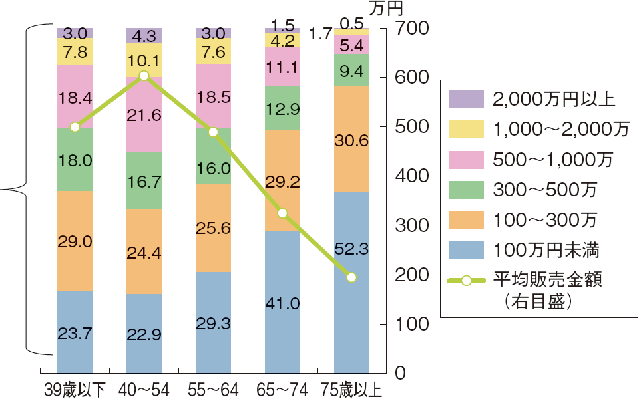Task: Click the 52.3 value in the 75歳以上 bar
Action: (351, 249)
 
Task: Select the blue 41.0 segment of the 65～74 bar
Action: (282, 304)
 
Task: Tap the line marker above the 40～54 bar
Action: (144, 76)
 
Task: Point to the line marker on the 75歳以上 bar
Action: (351, 277)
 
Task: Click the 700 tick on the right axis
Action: (408, 29)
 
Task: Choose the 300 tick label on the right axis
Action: (408, 226)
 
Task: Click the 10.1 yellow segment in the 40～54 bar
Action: (144, 60)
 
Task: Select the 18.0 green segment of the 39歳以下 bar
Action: (75, 160)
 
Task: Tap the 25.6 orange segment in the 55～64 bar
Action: (213, 227)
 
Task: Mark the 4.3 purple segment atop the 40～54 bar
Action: (144, 36)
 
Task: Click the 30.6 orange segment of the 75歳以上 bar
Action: (351, 141)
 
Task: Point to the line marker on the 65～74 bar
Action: (282, 213)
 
